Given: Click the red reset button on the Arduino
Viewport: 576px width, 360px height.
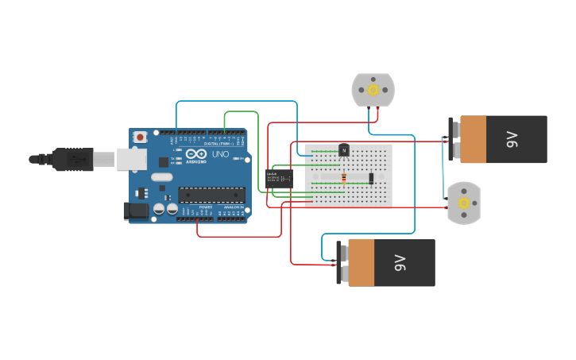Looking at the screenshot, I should pos(141,137).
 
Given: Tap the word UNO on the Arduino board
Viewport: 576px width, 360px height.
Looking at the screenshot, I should pos(220,153).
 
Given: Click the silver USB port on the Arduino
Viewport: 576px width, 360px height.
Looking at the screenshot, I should pos(131,159).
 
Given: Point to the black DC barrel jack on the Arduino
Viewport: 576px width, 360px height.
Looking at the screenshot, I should pos(136,211).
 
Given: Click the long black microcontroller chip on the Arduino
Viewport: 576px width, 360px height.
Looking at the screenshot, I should pos(211,194).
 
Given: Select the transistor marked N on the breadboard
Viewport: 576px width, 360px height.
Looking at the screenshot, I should pos(344,149).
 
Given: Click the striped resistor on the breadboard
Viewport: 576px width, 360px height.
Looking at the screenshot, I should pos(343,176).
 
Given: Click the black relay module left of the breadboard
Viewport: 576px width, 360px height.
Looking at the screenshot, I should pos(279,179).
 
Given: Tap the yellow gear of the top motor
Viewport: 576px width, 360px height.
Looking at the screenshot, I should pos(373,90).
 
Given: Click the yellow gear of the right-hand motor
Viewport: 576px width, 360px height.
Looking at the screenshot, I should pos(464,203).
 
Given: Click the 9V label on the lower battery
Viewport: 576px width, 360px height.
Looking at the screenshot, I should pos(400,263).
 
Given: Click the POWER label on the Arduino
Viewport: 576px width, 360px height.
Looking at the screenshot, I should pos(205,207).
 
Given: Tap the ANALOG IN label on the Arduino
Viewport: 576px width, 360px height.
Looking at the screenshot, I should pos(234,207).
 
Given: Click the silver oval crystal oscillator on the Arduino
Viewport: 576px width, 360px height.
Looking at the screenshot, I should pos(161,177).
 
